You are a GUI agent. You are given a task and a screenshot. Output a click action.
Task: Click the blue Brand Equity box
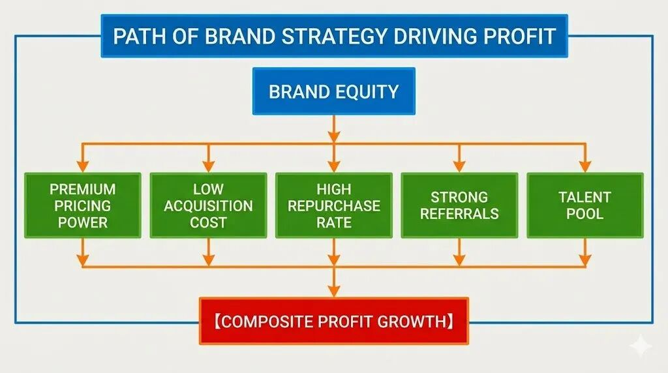pyautogui.click(x=333, y=91)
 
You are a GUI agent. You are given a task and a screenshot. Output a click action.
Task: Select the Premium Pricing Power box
pyautogui.click(x=83, y=205)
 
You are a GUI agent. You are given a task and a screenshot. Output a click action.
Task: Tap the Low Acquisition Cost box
pyautogui.click(x=208, y=205)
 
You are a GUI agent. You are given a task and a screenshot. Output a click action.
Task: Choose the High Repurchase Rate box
pyautogui.click(x=334, y=205)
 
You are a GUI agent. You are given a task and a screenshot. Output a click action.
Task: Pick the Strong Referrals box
pyautogui.click(x=459, y=205)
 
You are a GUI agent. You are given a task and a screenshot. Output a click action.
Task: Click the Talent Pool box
pyautogui.click(x=585, y=205)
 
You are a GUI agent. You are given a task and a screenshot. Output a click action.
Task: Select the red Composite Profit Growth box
pyautogui.click(x=334, y=321)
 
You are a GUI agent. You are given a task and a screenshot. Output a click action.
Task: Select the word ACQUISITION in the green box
pyautogui.click(x=208, y=205)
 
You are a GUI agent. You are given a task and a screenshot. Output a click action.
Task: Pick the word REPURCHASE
pyautogui.click(x=334, y=205)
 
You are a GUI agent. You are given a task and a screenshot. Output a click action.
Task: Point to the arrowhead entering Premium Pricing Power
pyautogui.click(x=83, y=166)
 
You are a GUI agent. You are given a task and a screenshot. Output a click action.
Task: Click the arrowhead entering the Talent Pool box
pyautogui.click(x=585, y=166)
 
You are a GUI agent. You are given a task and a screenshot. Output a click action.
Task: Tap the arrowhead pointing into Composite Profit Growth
pyautogui.click(x=334, y=291)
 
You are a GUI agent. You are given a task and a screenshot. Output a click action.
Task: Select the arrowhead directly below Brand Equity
pyautogui.click(x=334, y=136)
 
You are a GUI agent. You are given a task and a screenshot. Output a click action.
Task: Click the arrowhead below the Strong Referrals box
pyautogui.click(x=459, y=260)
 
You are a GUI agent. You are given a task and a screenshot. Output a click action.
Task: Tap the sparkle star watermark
pyautogui.click(x=641, y=346)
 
